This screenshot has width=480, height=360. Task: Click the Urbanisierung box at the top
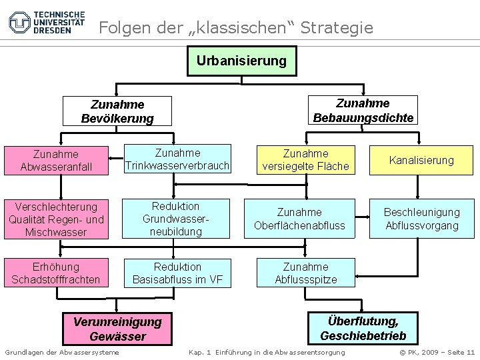242,61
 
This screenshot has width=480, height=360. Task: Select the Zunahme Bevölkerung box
117,111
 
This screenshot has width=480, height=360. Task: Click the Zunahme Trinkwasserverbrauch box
176,159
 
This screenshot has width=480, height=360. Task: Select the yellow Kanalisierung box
422,160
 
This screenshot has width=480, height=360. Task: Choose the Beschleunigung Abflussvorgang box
422,219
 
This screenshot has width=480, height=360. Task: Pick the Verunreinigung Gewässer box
117,328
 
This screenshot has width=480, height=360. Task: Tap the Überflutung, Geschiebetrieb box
363,328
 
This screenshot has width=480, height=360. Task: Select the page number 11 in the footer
471,351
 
